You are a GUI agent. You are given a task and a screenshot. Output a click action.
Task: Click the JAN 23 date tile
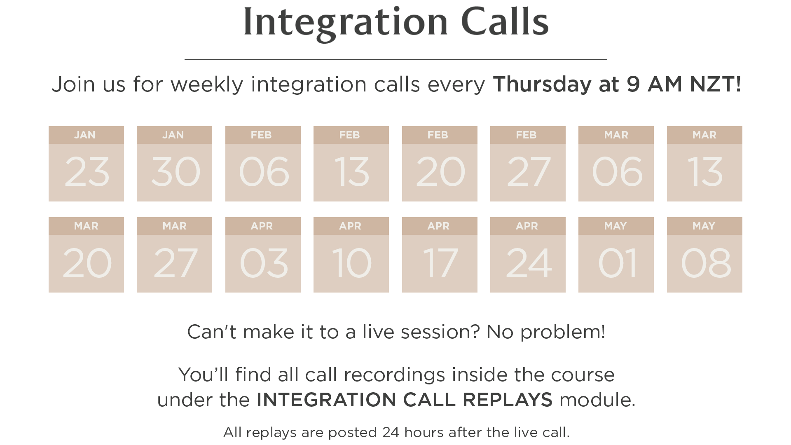[x=86, y=164]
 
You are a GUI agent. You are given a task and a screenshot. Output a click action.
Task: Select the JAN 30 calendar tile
[x=174, y=164]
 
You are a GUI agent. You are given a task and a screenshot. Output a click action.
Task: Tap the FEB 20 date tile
[x=440, y=164]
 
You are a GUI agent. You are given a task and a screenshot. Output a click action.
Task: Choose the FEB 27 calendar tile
[x=528, y=164]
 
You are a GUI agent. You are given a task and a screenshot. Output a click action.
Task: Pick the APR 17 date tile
[x=440, y=255]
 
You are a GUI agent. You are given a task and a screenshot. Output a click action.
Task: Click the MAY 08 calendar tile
[x=704, y=255]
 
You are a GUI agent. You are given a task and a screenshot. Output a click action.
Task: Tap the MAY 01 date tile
[x=616, y=255]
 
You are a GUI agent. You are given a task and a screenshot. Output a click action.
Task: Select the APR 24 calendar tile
[x=528, y=255]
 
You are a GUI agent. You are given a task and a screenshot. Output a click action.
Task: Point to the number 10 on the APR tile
[x=352, y=263]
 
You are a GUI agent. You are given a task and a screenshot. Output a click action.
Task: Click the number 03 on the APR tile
[x=264, y=263]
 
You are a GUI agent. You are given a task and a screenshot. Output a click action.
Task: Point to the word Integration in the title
[x=346, y=24]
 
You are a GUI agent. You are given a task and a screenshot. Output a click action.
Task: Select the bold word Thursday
[x=542, y=85]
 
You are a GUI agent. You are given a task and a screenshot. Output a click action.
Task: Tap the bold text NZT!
[x=716, y=84]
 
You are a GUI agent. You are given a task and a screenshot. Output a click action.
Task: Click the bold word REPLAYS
[x=508, y=400]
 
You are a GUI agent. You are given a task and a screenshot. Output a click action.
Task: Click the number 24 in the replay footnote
[x=391, y=432]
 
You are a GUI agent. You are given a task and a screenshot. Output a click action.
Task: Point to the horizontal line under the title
[x=396, y=60]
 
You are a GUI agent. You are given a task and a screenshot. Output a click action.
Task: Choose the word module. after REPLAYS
[x=597, y=400]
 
